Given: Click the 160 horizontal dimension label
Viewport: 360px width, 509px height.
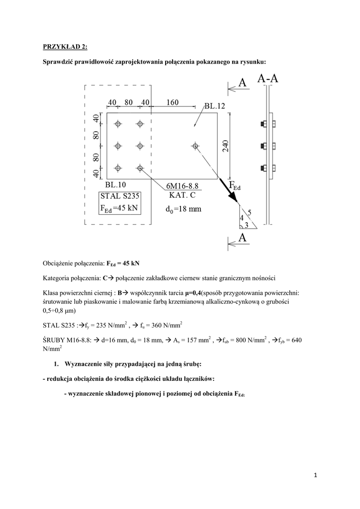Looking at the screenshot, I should click(173, 102).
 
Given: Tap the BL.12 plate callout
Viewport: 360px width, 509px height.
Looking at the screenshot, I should click(215, 106).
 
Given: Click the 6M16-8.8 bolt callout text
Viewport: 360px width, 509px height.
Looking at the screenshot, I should click(185, 185).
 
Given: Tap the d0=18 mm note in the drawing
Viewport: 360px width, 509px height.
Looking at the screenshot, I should click(183, 209).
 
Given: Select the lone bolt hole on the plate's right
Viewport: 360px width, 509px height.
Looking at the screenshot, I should click(195, 146).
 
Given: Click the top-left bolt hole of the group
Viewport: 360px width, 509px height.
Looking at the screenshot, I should click(118, 124).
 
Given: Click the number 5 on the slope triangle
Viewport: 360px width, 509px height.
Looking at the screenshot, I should click(249, 212).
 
